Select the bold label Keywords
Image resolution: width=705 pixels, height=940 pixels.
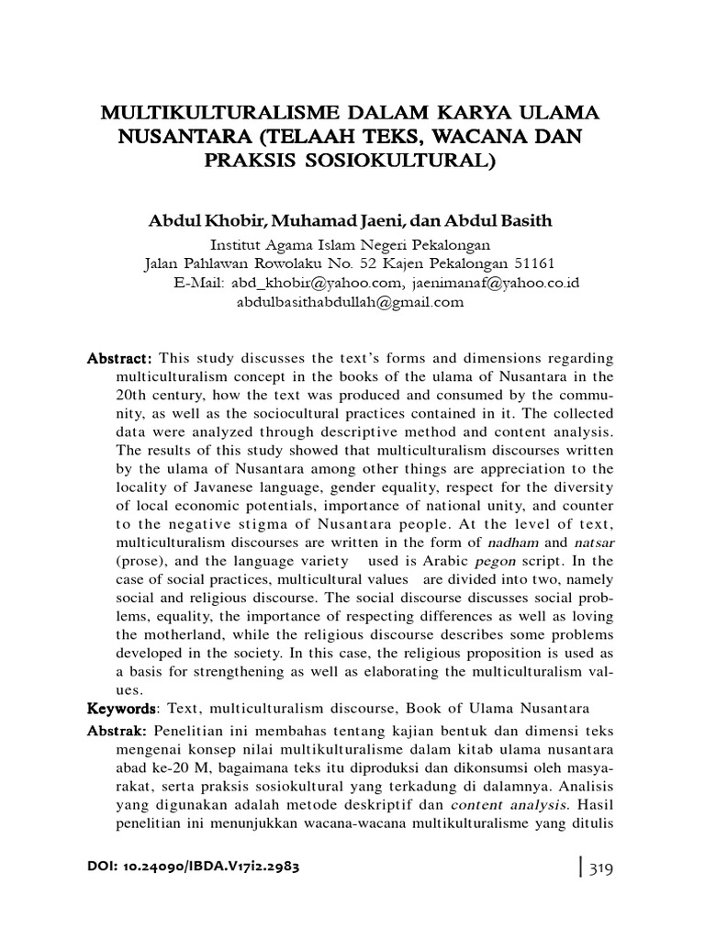pyautogui.click(x=118, y=709)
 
